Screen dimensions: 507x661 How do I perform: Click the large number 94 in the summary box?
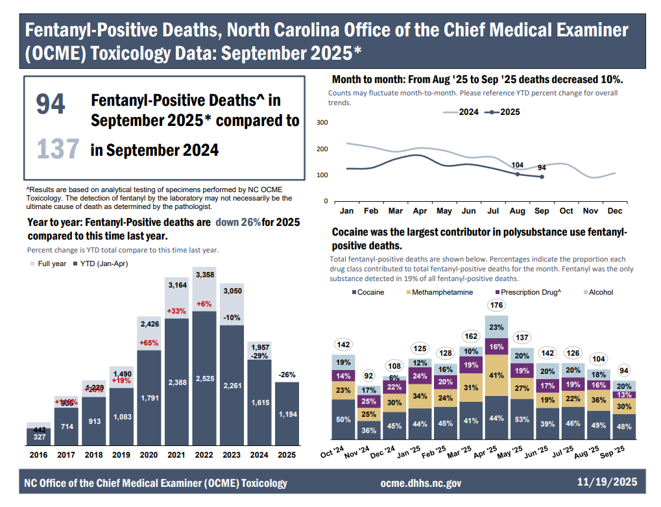tap(51, 105)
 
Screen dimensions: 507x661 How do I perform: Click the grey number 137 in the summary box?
tap(58, 149)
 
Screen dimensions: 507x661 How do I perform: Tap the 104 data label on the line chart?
tap(518, 166)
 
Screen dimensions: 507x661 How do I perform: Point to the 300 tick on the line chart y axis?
tap(322, 123)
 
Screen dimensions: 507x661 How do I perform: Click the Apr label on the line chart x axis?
tap(420, 211)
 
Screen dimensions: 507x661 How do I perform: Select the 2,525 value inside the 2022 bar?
tap(204, 382)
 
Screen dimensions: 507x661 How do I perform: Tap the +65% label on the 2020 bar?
tap(149, 342)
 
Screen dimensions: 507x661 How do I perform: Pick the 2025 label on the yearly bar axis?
tap(287, 455)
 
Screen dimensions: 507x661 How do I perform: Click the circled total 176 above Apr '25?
tap(496, 305)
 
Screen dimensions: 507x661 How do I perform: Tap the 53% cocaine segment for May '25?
tap(520, 419)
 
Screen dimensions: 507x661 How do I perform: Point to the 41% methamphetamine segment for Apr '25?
tap(496, 375)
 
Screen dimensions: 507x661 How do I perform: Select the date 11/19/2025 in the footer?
tap(607, 482)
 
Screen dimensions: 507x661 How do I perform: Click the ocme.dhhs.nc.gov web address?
tap(420, 483)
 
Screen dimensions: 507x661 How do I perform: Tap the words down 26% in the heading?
tap(239, 223)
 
